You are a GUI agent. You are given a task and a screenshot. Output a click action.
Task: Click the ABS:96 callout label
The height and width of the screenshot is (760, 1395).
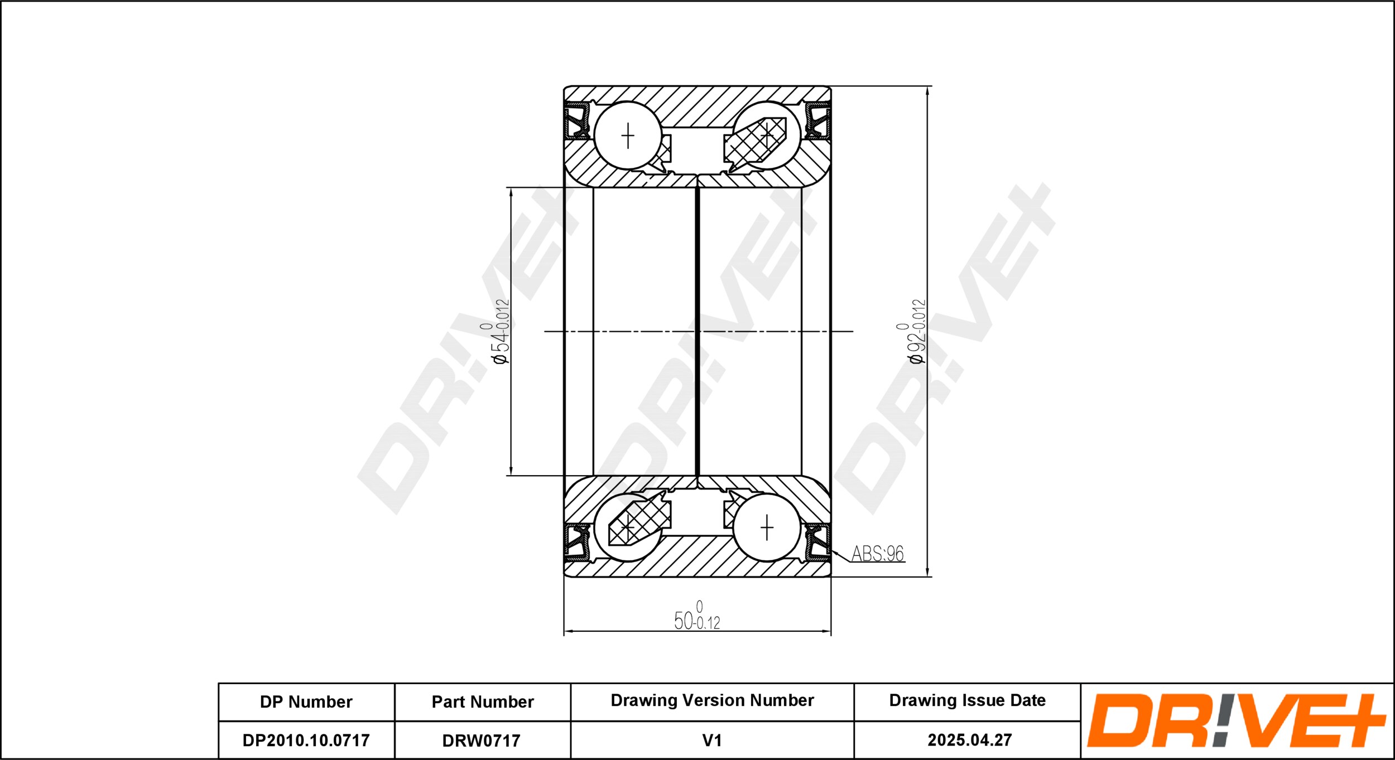(x=877, y=554)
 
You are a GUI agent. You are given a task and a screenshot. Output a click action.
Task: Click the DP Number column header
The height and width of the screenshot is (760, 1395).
(x=306, y=701)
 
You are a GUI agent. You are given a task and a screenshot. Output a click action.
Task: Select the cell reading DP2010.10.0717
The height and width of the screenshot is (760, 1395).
(x=306, y=740)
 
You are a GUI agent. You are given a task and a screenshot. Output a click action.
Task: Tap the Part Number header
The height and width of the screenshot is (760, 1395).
(x=483, y=701)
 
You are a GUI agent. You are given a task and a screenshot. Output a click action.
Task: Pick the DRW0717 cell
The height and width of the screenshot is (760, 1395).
(x=481, y=740)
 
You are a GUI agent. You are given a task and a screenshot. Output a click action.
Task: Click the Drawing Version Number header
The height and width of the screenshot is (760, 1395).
(x=712, y=700)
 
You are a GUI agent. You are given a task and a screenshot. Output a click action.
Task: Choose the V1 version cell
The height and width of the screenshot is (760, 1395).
(x=712, y=740)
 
